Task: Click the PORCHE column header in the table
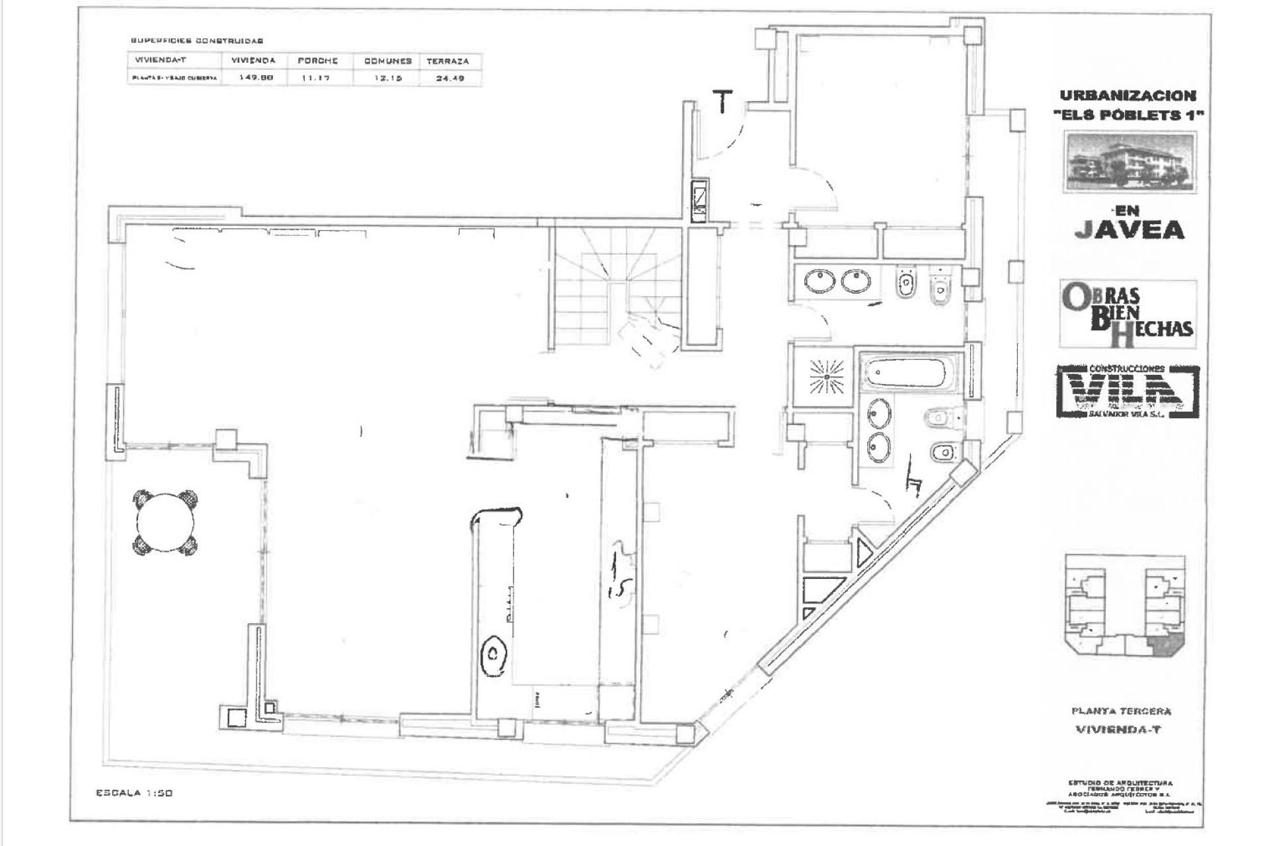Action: [317, 61]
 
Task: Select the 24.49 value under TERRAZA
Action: [449, 78]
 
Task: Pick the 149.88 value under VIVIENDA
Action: [252, 77]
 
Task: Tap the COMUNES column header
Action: [388, 61]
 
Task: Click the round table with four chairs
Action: [166, 523]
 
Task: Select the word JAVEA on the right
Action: [1129, 229]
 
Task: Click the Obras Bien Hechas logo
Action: [1128, 314]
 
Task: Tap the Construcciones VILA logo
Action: [1128, 391]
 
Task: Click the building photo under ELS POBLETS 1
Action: [1130, 162]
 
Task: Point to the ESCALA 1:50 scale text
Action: [134, 792]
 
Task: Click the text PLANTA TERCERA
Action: [1121, 711]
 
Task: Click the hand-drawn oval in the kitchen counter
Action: [494, 655]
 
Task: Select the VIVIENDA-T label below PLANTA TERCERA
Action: [1118, 730]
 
